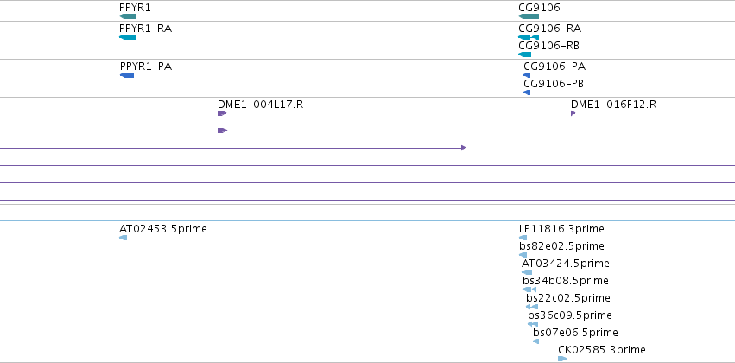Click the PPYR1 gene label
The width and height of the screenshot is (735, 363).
coord(135,8)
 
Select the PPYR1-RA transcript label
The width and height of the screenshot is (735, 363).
coord(145,29)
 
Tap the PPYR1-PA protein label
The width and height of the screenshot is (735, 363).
coord(146,67)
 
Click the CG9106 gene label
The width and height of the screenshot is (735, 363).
coord(539,8)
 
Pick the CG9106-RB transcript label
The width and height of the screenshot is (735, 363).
coord(549,46)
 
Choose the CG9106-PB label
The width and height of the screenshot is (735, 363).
coord(554,84)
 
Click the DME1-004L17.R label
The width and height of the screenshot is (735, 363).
coord(260,105)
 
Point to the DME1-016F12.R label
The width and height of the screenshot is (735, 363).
coord(613,105)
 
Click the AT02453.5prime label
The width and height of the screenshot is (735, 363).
coord(163,229)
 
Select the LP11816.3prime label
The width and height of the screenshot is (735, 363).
coord(561,229)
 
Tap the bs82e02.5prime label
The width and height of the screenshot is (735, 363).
coord(561,246)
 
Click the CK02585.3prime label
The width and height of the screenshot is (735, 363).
coord(602,350)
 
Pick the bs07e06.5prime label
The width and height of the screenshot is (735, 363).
coord(575,333)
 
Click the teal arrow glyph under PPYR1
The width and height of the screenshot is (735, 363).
coord(128,16)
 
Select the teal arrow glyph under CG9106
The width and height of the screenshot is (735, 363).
coord(529,16)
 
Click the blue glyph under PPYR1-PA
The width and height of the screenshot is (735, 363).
coord(127,75)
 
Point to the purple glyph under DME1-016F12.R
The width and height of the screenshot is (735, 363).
coord(573,113)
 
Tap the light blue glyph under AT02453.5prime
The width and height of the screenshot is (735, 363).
coord(123,238)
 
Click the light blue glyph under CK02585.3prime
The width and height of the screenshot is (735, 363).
coord(562,359)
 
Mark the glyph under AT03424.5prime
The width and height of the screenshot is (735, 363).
coord(527,272)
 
